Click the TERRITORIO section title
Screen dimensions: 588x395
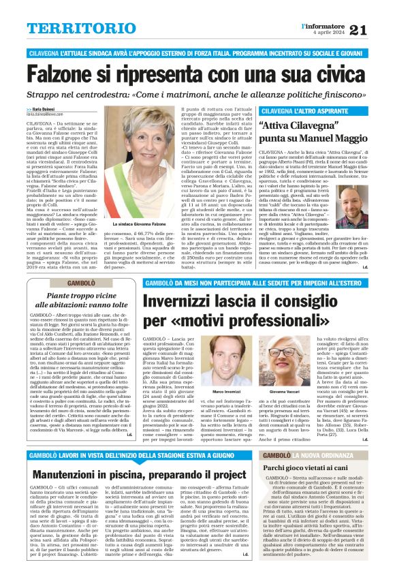pos(74,28)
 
